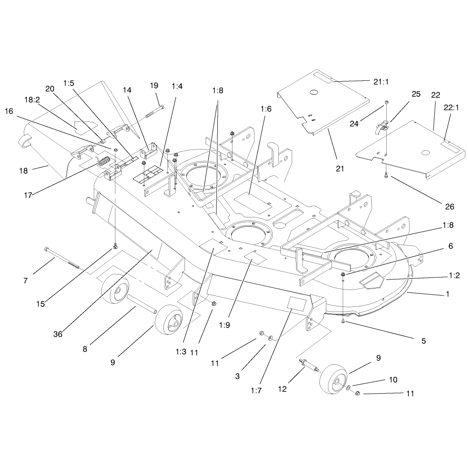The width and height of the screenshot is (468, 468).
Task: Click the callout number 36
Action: pyautogui.click(x=58, y=334)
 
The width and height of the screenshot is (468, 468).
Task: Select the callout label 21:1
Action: pyautogui.click(x=381, y=82)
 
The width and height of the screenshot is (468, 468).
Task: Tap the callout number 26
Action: pyautogui.click(x=449, y=207)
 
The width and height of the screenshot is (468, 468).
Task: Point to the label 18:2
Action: pyautogui.click(x=32, y=100)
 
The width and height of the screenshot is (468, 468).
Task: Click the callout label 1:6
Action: pyautogui.click(x=266, y=109)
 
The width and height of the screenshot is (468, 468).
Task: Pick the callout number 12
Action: pyautogui.click(x=282, y=389)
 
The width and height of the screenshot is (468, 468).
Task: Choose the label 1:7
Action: pyautogui.click(x=256, y=390)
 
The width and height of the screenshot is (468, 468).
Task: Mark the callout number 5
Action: pyautogui.click(x=423, y=341)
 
